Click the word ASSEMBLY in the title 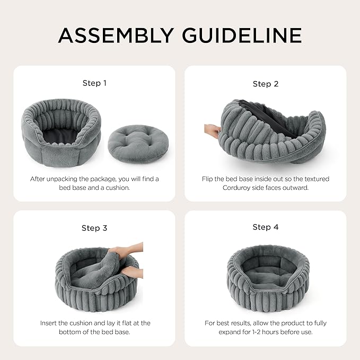(x=116, y=36)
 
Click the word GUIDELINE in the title (x=242, y=36)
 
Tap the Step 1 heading (x=94, y=83)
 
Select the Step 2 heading (x=266, y=84)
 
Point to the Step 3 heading (x=94, y=228)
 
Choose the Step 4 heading (x=266, y=227)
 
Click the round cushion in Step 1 (x=138, y=144)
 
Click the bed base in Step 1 (x=62, y=133)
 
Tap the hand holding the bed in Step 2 (x=212, y=130)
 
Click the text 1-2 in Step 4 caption (x=254, y=332)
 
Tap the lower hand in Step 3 (x=133, y=272)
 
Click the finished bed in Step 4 (x=268, y=278)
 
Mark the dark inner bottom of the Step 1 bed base (x=60, y=136)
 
